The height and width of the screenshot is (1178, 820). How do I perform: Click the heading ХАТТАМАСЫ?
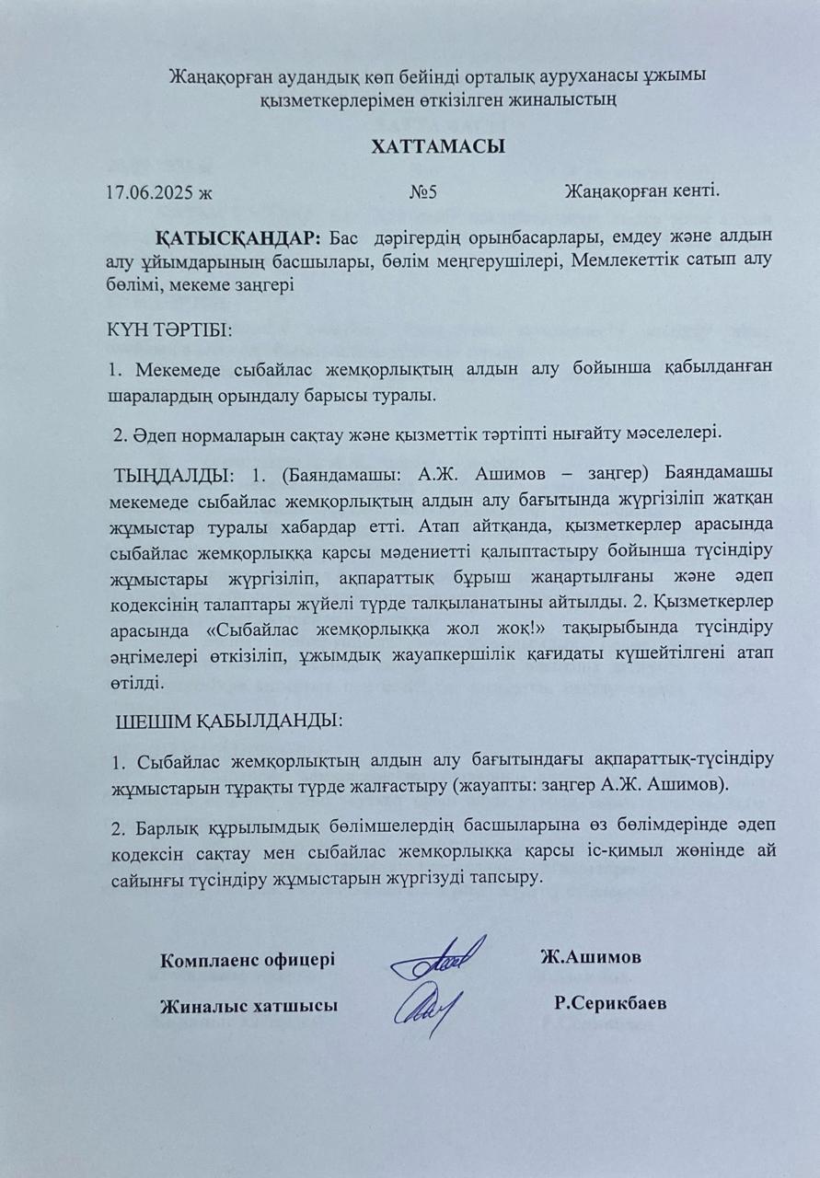click(439, 147)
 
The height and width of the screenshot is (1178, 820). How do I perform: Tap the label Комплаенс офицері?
click(248, 959)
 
